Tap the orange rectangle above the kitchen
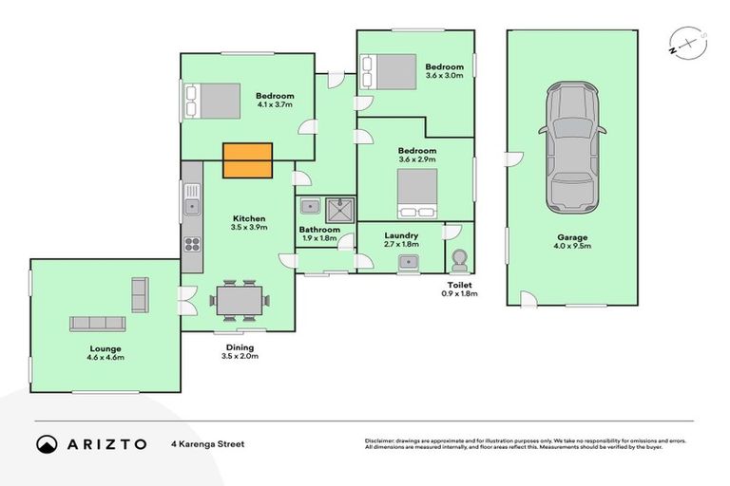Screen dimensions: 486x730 247,160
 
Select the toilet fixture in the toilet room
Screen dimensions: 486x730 459,258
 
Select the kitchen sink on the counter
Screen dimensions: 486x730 192,202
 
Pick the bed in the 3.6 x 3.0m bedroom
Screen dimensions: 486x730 388,71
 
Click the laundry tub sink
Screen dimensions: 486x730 410,262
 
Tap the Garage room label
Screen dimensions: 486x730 572,237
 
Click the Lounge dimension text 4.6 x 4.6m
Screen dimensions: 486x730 105,358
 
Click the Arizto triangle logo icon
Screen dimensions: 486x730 47,443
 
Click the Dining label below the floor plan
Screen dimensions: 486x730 239,347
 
